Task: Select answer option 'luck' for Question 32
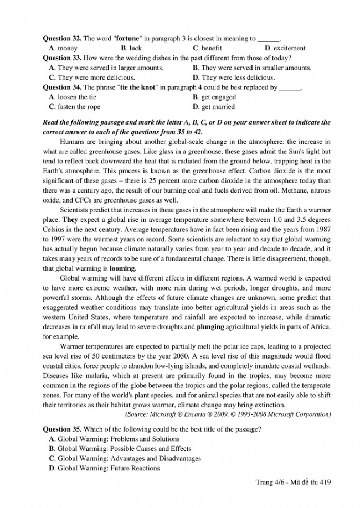click(x=135, y=48)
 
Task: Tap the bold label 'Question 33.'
click(x=62, y=58)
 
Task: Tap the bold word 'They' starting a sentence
click(x=70, y=219)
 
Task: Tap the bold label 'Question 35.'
click(x=62, y=429)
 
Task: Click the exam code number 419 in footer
click(x=324, y=483)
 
